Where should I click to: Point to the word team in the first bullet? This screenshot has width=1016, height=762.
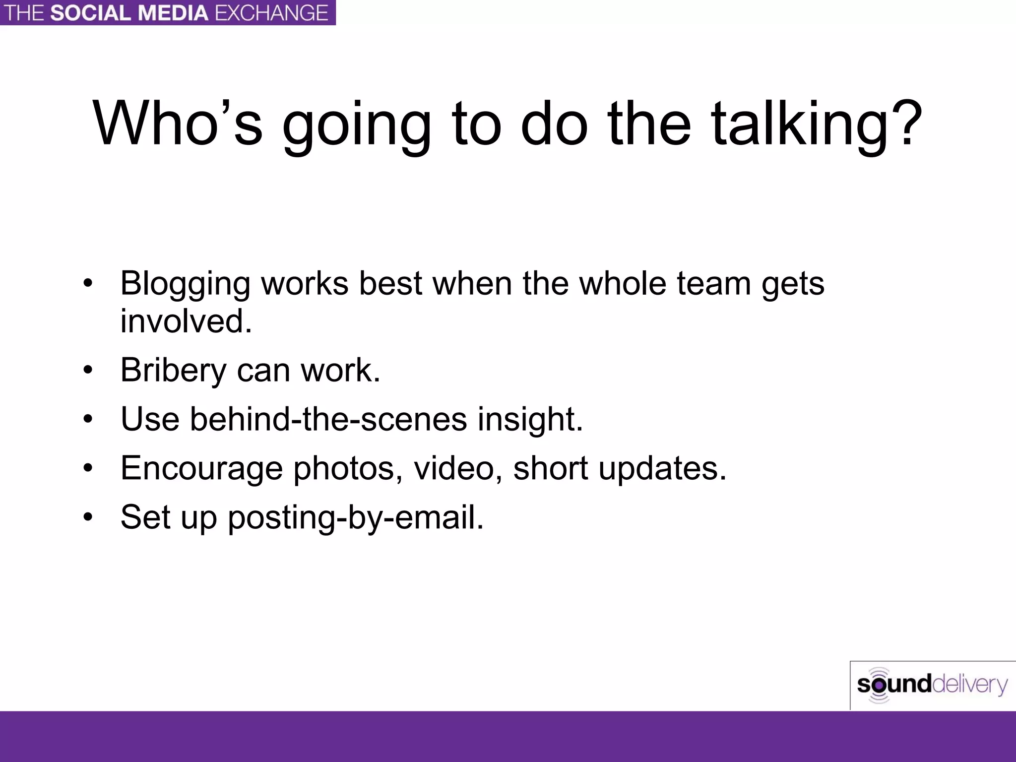714,284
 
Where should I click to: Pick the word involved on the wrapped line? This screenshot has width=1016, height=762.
186,321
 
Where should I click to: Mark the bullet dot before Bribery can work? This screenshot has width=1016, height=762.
88,370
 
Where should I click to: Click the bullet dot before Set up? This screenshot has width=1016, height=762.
88,517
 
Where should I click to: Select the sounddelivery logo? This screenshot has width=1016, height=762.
932,685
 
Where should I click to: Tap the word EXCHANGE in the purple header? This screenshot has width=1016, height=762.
272,13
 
